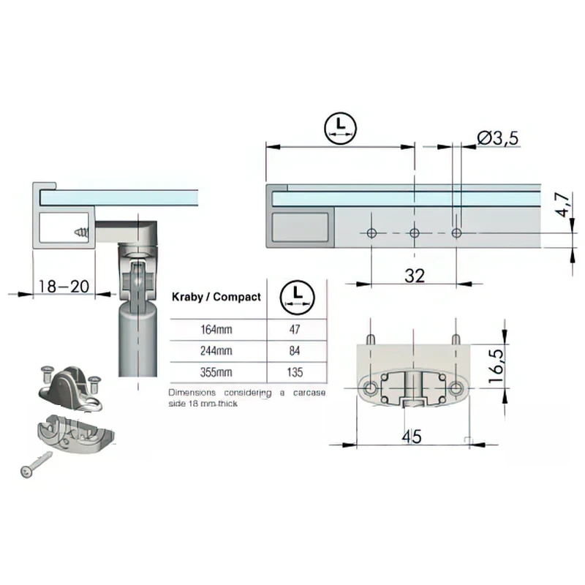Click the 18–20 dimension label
click(64, 287)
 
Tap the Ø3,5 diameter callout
click(498, 138)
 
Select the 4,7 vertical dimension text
click(562, 205)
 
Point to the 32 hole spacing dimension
click(415, 276)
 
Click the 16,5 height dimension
click(497, 366)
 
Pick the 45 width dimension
click(412, 437)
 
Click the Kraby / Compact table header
click(216, 297)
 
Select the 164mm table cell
click(216, 330)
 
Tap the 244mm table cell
click(216, 351)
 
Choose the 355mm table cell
click(216, 372)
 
